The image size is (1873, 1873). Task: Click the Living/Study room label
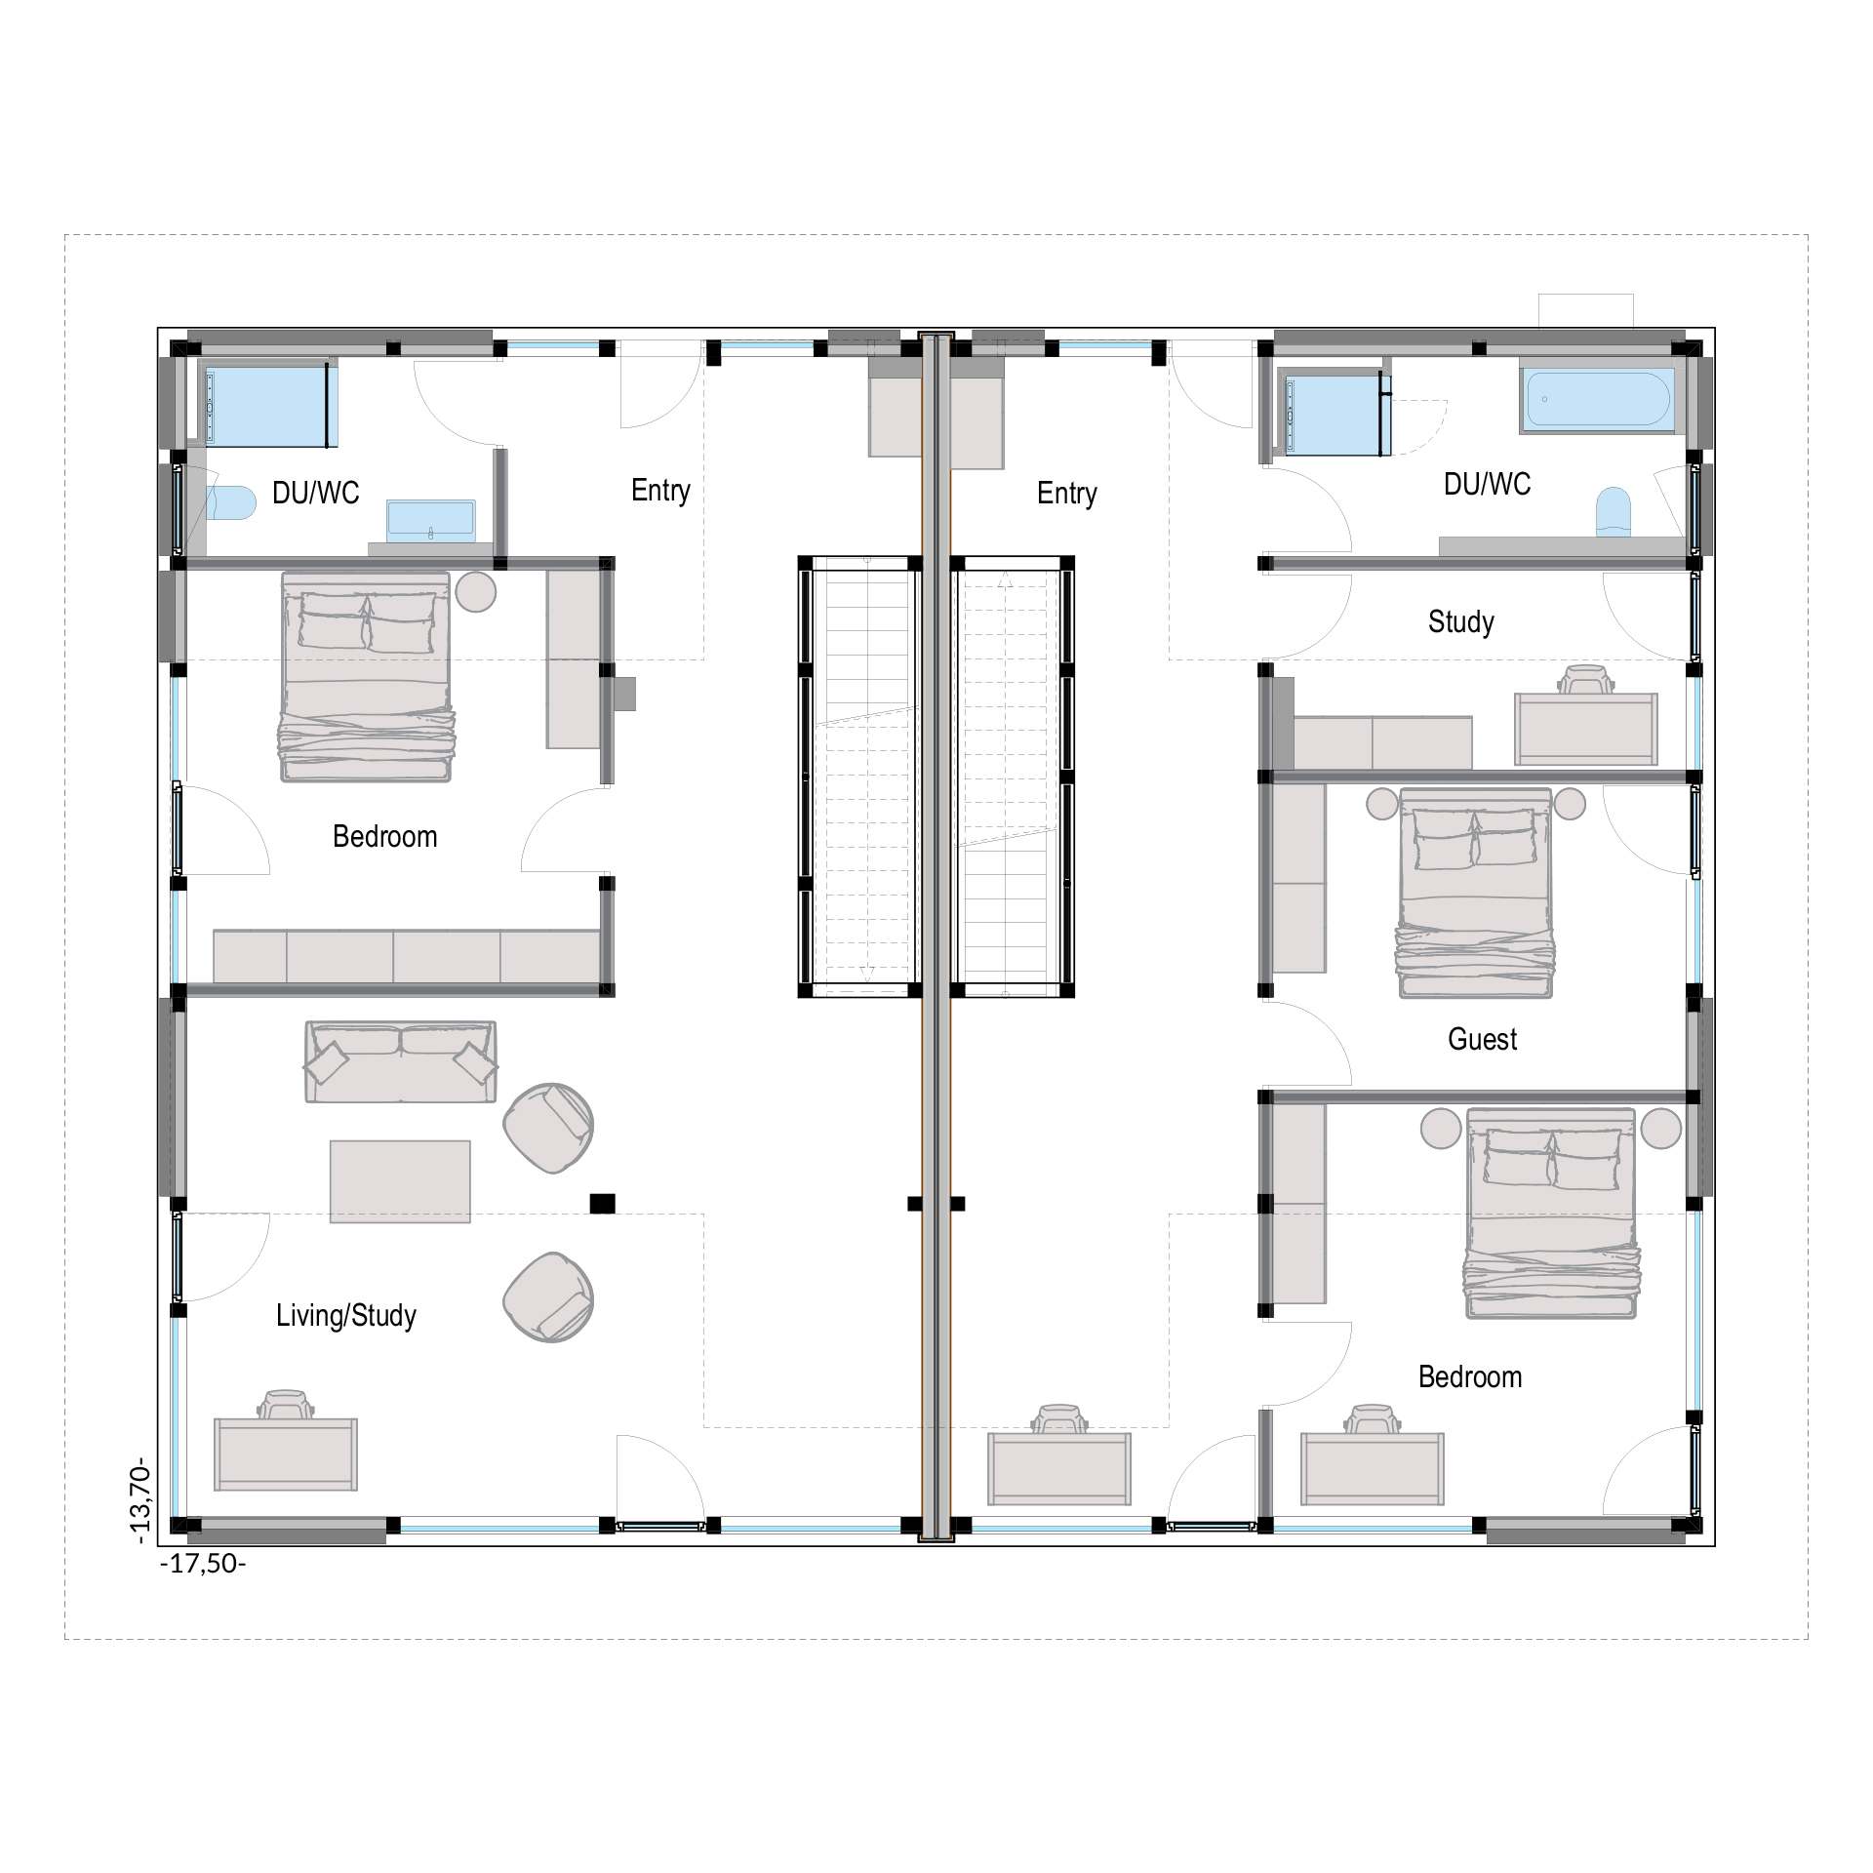pos(346,1316)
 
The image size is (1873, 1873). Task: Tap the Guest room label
pos(1482,1039)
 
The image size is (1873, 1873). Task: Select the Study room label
pos(1460,622)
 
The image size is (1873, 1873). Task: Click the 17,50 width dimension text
pos(203,1564)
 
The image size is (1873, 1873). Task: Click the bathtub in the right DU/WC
pos(1597,400)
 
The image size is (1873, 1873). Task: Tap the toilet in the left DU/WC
pos(231,502)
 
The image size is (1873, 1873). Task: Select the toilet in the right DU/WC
pos(1613,512)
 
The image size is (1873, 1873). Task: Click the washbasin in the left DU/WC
pos(431,521)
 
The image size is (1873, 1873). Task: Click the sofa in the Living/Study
pos(401,1062)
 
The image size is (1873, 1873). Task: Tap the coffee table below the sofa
pos(400,1181)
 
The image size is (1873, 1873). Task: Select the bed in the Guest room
pos(1475,893)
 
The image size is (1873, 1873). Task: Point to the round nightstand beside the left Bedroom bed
pos(476,591)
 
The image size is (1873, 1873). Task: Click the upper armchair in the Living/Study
pos(548,1128)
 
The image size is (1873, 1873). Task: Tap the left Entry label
pos(660,491)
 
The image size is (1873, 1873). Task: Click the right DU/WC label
pos(1487,484)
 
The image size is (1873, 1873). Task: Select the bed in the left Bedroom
pos(366,677)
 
